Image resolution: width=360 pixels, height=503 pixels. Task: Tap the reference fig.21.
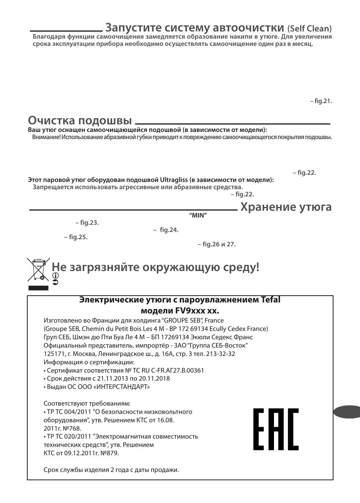pyautogui.click(x=323, y=101)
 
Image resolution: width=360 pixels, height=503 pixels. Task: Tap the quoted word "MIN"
pyautogui.click(x=198, y=216)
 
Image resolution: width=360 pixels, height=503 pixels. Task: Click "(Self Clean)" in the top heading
pyautogui.click(x=309, y=29)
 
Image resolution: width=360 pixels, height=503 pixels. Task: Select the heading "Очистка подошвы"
pyautogui.click(x=80, y=121)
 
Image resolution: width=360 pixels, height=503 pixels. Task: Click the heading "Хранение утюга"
pyautogui.click(x=286, y=207)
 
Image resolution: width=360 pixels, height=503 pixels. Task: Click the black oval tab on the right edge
pyautogui.click(x=347, y=412)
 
